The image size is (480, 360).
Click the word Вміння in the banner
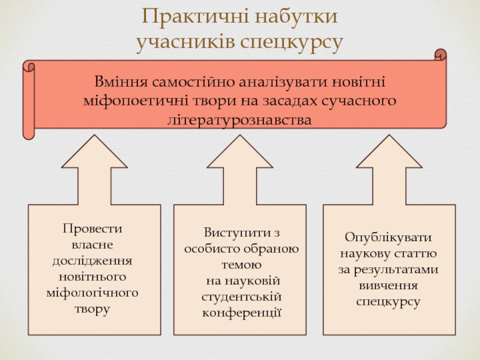coord(122,80)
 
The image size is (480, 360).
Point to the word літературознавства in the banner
coord(240,120)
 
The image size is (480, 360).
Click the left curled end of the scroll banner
coord(28,99)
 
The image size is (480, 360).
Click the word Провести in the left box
coord(92,229)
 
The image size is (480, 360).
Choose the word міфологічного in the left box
coord(92,293)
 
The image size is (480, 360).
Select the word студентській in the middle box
coord(242,297)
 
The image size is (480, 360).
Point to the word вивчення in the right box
coord(388,286)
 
